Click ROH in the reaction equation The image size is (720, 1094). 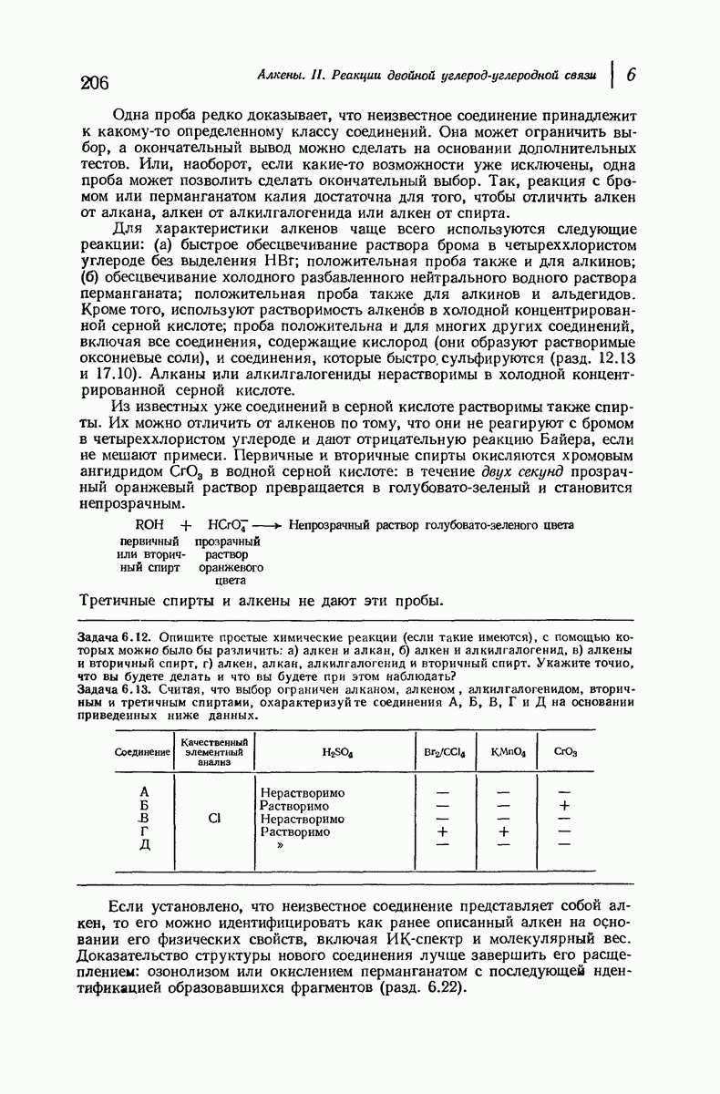[149, 525]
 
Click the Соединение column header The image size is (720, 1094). [143, 753]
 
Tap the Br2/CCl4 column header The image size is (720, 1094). [444, 753]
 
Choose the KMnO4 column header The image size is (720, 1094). [503, 753]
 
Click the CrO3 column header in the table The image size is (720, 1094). [565, 753]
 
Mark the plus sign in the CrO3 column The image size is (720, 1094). [565, 806]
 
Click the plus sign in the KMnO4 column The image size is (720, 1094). [503, 831]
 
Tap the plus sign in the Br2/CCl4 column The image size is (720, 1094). [444, 831]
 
